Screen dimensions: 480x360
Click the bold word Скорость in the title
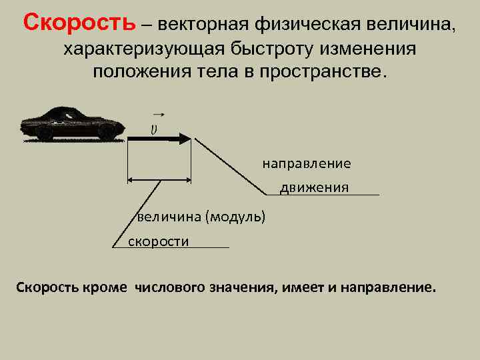79,24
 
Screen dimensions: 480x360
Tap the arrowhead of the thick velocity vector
185,139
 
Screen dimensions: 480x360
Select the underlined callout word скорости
159,241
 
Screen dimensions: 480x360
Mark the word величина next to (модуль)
169,217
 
